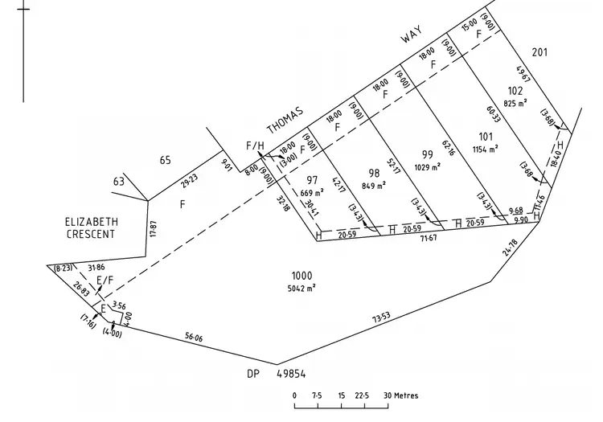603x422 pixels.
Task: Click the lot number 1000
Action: click(303, 275)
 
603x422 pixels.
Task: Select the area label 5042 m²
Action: click(303, 287)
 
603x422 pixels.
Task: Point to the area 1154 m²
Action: click(485, 149)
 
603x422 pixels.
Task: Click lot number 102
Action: click(515, 91)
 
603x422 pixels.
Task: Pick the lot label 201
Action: click(539, 53)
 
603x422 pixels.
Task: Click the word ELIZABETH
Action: click(92, 221)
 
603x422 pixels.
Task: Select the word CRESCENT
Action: click(91, 235)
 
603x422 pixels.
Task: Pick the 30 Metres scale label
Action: click(406, 395)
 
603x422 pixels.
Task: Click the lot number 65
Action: click(165, 161)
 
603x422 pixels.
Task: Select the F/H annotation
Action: click(254, 145)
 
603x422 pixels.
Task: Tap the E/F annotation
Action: click(105, 280)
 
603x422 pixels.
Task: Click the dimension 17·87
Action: click(154, 229)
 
